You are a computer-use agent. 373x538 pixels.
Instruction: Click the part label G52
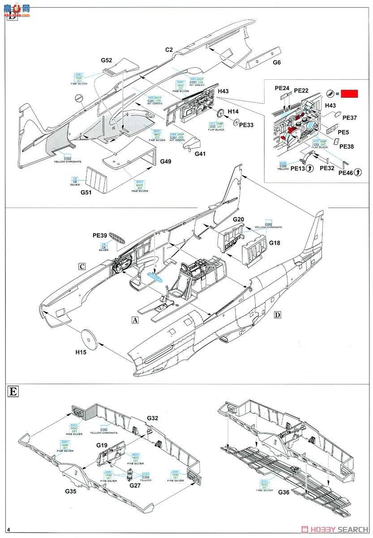click(106, 60)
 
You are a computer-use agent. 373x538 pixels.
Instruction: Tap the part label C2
click(168, 50)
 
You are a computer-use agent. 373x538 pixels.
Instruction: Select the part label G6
click(277, 63)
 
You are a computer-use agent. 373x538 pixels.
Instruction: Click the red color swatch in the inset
click(350, 94)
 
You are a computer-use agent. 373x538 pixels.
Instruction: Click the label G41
click(200, 154)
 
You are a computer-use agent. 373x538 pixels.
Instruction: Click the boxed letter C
click(82, 265)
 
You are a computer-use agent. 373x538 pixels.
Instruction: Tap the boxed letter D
click(277, 315)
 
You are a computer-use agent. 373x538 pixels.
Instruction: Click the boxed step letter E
click(13, 391)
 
